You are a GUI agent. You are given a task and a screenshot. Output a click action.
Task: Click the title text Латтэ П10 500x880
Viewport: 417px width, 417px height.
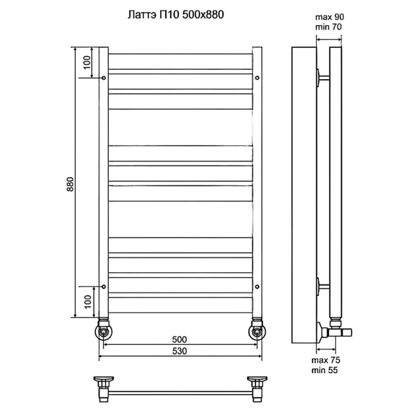176,15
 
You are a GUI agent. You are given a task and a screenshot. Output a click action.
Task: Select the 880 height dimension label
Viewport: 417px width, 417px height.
70,184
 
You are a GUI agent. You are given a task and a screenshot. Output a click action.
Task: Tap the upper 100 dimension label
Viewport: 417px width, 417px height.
88,63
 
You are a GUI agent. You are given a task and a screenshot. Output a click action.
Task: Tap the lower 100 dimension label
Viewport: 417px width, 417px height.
88,302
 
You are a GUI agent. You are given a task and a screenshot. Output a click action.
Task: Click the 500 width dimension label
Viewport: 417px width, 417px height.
179,339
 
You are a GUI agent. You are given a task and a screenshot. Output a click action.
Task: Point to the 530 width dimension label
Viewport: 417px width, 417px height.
179,351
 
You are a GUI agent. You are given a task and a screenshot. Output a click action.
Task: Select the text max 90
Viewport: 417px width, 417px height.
329,17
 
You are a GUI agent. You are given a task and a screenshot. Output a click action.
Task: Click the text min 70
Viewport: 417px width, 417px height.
328,27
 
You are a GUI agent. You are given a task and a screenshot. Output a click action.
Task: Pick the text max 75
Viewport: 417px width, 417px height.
326,360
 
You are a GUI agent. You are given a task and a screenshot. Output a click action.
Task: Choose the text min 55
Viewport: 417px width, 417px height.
325,370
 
